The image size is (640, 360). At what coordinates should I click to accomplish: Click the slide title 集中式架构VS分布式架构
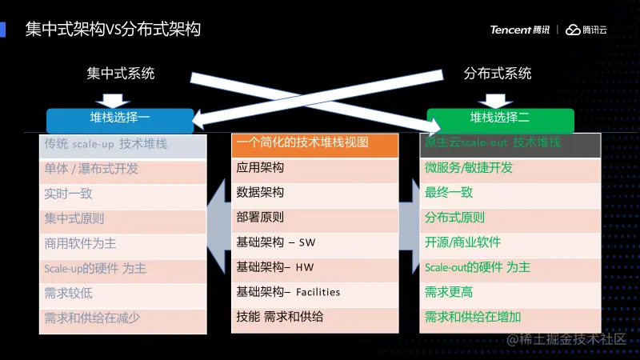click(x=113, y=30)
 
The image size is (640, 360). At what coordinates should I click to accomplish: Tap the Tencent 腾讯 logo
click(x=520, y=30)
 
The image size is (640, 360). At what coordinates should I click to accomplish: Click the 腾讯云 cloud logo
click(x=586, y=30)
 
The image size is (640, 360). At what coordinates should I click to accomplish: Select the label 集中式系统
click(x=121, y=74)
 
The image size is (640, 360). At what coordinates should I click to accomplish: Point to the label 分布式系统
click(x=498, y=74)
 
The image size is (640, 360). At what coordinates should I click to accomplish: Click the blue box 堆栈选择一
click(x=120, y=118)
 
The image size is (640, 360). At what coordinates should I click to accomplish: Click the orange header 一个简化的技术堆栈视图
click(x=314, y=144)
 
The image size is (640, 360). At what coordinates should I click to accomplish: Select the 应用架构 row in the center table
click(x=314, y=169)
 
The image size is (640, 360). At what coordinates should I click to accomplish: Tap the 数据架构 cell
click(x=314, y=193)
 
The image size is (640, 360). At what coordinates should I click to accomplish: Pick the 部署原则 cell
click(x=314, y=218)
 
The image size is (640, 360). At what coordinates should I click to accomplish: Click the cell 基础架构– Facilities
click(x=314, y=292)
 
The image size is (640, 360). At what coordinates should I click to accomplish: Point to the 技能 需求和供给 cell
click(x=314, y=317)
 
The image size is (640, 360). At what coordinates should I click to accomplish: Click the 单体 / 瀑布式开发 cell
click(x=122, y=169)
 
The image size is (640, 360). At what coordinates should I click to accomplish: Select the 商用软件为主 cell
click(x=122, y=243)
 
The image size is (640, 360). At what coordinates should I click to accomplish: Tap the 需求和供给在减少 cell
click(x=122, y=318)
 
